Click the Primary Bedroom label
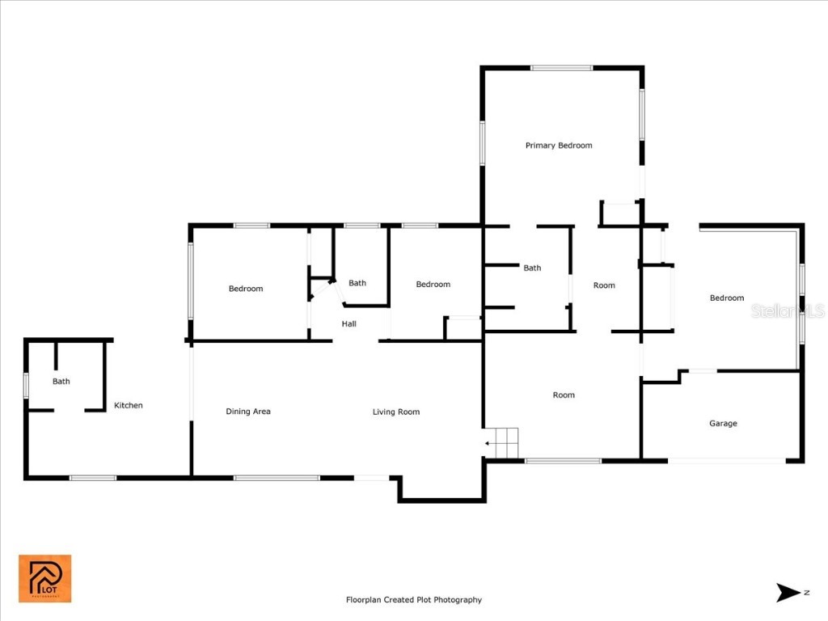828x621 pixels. [x=559, y=146]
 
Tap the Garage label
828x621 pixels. [x=723, y=423]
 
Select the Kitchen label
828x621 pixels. [x=128, y=405]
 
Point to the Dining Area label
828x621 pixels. [x=247, y=412]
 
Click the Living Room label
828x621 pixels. [x=396, y=412]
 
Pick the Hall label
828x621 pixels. [x=349, y=324]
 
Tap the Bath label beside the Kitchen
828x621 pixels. [x=61, y=382]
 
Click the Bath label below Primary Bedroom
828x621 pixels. [x=532, y=268]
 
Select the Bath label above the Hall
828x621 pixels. [x=357, y=283]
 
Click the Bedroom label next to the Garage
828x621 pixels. [x=726, y=298]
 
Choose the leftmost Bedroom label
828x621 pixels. [x=246, y=289]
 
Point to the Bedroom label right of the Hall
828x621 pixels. [x=433, y=284]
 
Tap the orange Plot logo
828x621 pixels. [x=45, y=578]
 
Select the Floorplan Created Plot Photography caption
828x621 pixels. [x=413, y=600]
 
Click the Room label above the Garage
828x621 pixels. [x=604, y=285]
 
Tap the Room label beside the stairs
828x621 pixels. [x=564, y=395]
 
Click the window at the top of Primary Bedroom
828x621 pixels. [x=561, y=68]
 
